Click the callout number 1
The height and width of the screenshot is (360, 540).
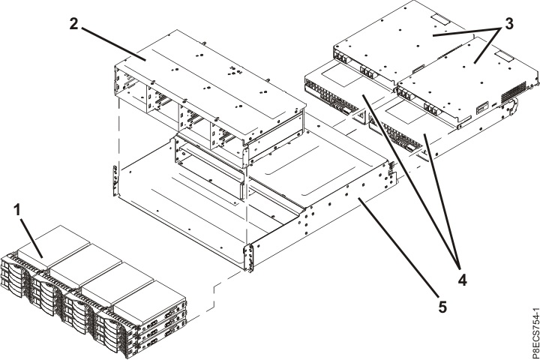tap(18, 208)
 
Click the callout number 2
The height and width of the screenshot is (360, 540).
tap(73, 24)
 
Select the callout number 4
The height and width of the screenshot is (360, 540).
tap(462, 280)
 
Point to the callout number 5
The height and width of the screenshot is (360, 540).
tap(442, 307)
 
